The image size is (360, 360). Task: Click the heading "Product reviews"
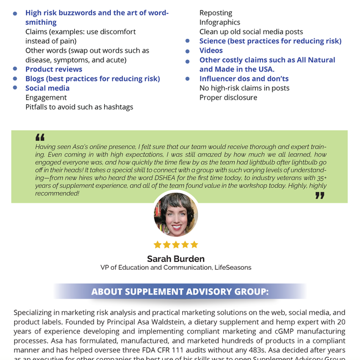point(54,69)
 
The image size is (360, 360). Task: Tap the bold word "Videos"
point(211,50)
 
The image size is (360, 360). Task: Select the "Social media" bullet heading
point(48,88)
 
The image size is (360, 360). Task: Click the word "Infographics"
point(220,22)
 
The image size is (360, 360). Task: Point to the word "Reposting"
point(216,13)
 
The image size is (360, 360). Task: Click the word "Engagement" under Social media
point(46,97)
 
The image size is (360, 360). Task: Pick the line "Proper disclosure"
point(228,97)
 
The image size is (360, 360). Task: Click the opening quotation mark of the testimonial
point(40,137)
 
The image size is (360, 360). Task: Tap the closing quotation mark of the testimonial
point(320,196)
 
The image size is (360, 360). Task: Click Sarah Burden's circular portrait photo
point(176,214)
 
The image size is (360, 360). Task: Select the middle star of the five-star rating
point(176,244)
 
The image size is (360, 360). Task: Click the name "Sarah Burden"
point(176,259)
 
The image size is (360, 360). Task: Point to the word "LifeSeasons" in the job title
point(233,268)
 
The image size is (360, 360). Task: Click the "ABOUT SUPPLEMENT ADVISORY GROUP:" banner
point(180,291)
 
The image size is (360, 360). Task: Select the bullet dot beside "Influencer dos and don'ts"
point(188,79)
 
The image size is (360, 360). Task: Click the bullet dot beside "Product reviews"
point(14,70)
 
